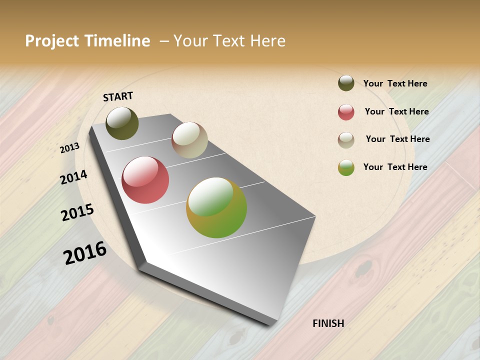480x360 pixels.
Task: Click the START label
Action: point(118,96)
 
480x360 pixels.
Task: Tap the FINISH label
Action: point(328,323)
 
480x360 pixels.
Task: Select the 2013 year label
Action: point(70,147)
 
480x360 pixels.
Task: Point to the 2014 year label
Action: point(74,177)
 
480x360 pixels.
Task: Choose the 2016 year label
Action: point(85,252)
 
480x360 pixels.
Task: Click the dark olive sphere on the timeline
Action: point(122,123)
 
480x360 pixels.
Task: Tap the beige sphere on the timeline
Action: point(189,140)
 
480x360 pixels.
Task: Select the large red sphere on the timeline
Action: point(145,180)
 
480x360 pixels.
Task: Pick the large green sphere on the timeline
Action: point(216,207)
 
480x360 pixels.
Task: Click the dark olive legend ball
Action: point(346,83)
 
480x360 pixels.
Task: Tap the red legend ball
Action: point(346,112)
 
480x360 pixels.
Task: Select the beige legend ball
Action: point(346,140)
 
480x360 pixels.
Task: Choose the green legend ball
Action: point(346,167)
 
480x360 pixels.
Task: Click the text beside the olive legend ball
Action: point(395,83)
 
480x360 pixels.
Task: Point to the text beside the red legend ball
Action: point(396,111)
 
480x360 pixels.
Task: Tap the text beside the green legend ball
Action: point(395,167)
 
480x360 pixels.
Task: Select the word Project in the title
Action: point(52,41)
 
